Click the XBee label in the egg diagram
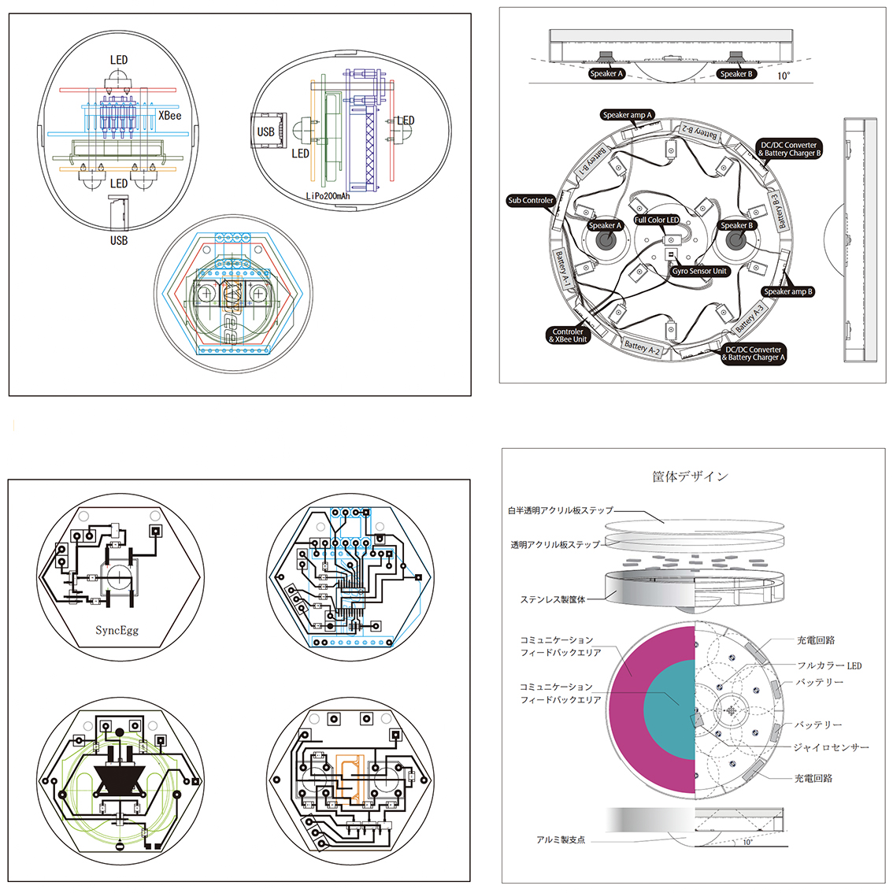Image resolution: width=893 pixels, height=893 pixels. pyautogui.click(x=169, y=115)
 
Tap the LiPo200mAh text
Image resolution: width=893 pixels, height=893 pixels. pyautogui.click(x=328, y=195)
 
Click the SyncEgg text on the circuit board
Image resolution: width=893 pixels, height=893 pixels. pyautogui.click(x=117, y=630)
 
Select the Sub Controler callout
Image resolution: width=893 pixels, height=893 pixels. pyautogui.click(x=531, y=201)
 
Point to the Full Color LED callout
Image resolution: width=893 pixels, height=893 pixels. pyautogui.click(x=657, y=220)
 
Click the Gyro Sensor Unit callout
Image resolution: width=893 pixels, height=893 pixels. pyautogui.click(x=699, y=271)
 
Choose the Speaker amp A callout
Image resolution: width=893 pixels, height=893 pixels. pyautogui.click(x=628, y=115)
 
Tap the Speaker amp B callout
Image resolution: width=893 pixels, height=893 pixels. pyautogui.click(x=787, y=291)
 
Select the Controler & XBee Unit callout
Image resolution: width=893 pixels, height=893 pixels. pyautogui.click(x=568, y=335)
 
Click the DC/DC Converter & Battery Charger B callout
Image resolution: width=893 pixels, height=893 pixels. pyautogui.click(x=789, y=149)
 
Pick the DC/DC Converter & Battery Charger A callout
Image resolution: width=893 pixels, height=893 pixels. pyautogui.click(x=754, y=354)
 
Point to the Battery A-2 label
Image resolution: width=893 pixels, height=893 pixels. pyautogui.click(x=642, y=346)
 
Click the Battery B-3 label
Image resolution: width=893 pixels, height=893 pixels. pyautogui.click(x=780, y=211)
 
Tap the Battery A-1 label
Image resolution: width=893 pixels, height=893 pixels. pyautogui.click(x=562, y=268)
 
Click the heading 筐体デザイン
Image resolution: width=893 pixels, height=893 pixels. pyautogui.click(x=690, y=476)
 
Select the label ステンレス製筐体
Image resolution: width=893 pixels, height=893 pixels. pyautogui.click(x=553, y=599)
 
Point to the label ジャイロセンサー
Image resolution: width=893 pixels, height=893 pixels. pyautogui.click(x=831, y=747)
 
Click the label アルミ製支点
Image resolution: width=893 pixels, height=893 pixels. pyautogui.click(x=561, y=839)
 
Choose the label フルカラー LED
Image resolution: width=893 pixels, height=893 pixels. pyautogui.click(x=829, y=665)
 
